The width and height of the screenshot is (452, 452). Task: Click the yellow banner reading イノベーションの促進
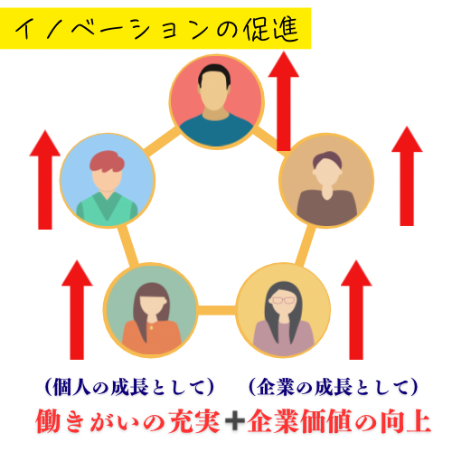(155, 28)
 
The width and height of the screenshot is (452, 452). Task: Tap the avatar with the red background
(216, 101)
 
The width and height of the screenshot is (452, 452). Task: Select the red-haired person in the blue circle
(108, 180)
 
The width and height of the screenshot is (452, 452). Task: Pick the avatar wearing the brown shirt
(326, 180)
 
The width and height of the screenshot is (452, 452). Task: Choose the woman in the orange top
(151, 310)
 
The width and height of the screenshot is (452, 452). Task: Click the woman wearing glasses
(283, 310)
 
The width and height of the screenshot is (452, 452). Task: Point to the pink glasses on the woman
(283, 300)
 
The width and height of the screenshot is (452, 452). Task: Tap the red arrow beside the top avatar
(283, 101)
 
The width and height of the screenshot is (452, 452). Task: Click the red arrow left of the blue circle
(45, 180)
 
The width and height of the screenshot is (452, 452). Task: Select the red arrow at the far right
(407, 176)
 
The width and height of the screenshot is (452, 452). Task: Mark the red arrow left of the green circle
(77, 310)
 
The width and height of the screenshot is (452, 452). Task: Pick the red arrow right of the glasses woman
(356, 310)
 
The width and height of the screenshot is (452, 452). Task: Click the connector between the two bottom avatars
(217, 310)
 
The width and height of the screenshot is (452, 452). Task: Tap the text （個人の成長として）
(129, 387)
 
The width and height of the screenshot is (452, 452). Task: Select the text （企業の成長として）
(334, 387)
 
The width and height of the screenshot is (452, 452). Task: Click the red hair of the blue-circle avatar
(107, 162)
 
